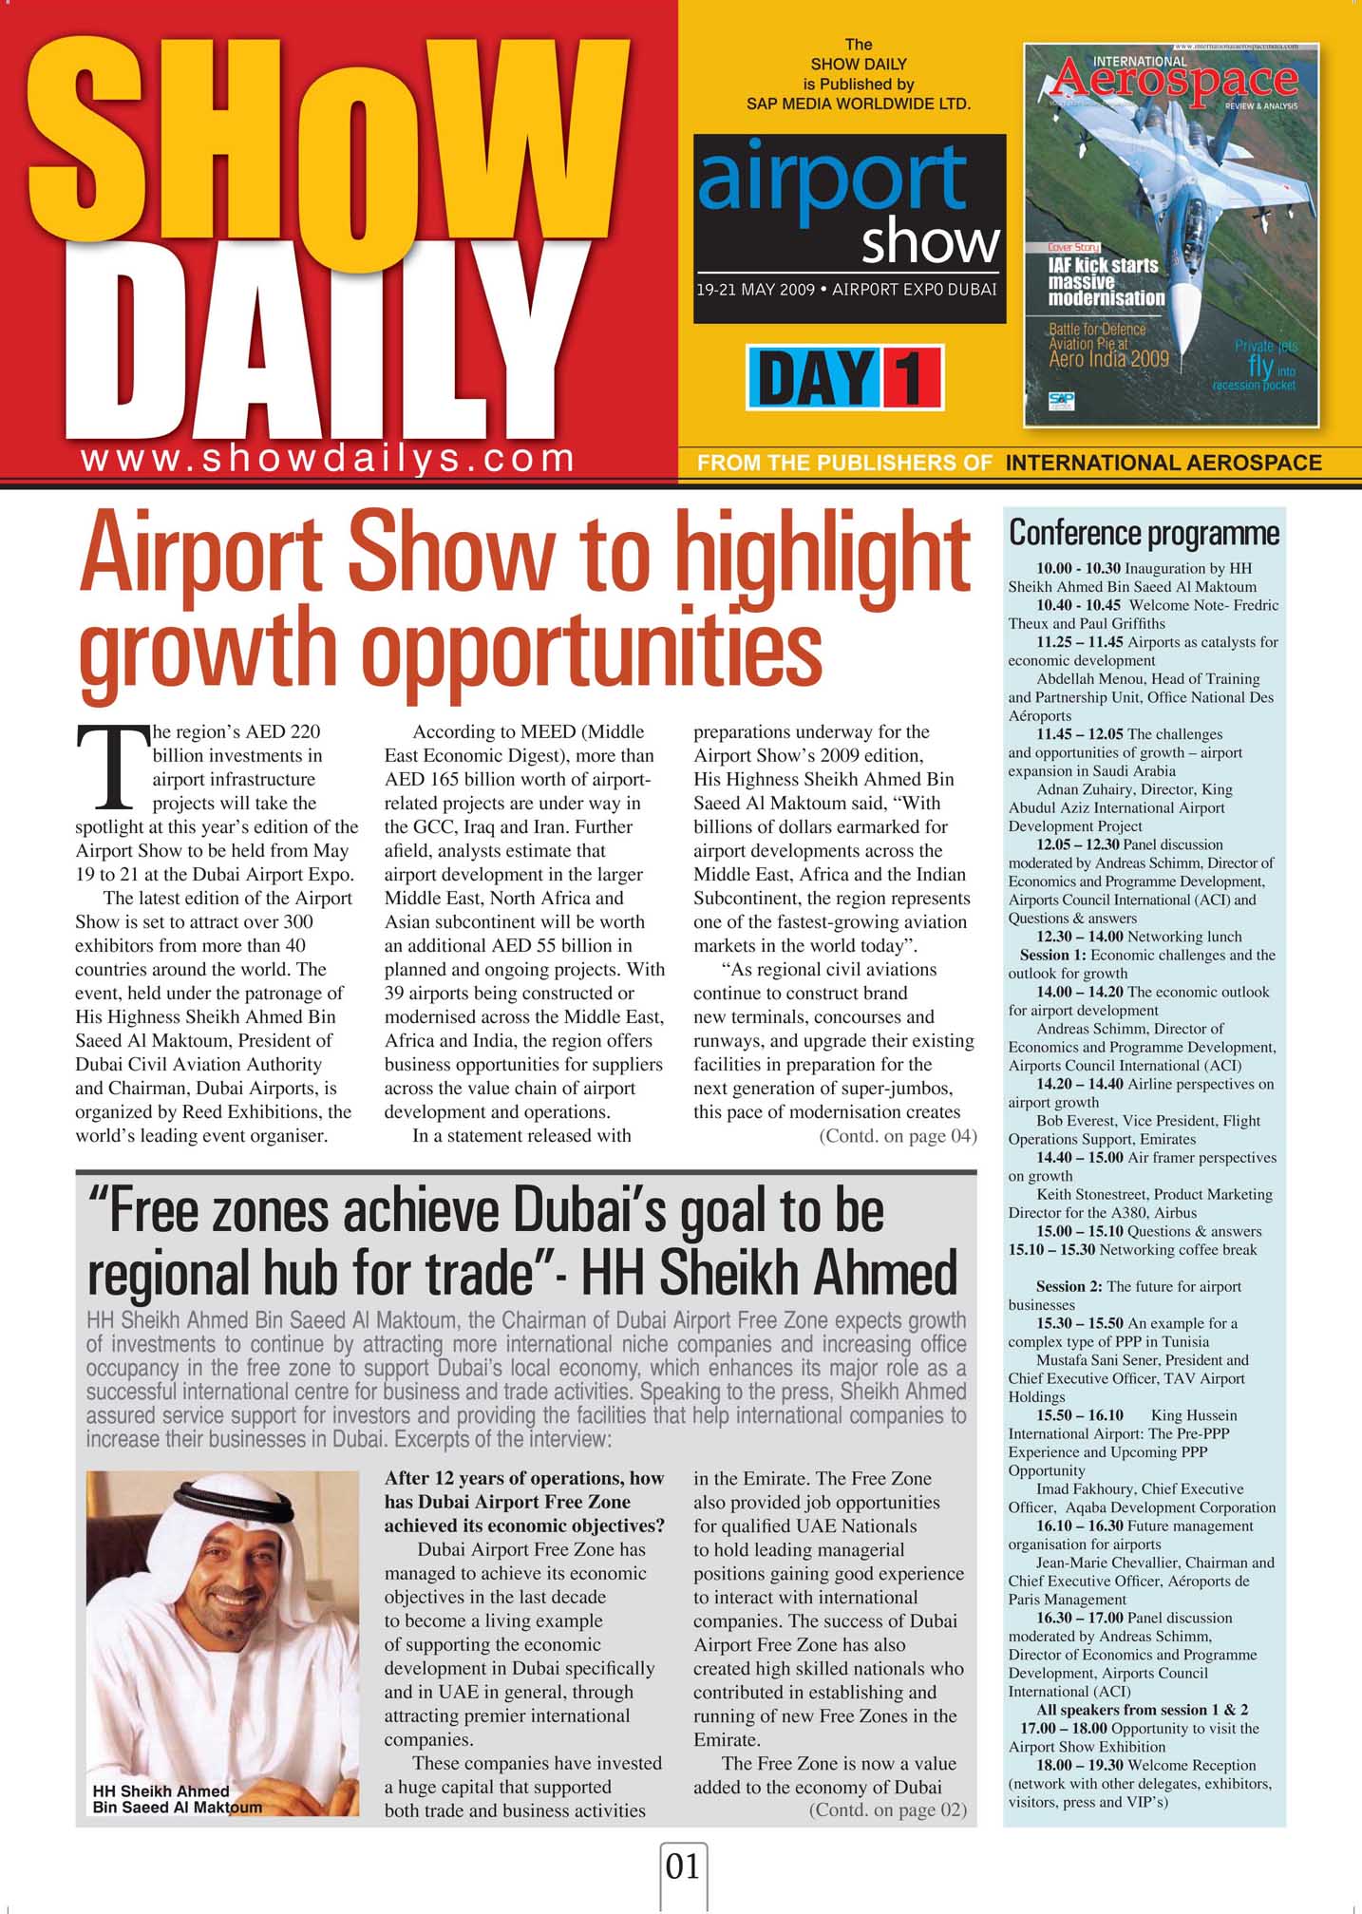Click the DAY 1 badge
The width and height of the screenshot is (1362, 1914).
pos(844,377)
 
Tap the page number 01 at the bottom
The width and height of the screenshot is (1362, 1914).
pos(683,1867)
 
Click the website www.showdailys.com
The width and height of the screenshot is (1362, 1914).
pos(328,459)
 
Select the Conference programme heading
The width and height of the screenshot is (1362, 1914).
pos(1144,533)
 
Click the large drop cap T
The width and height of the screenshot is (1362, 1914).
pos(112,767)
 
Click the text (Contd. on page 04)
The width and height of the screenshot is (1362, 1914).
pos(897,1136)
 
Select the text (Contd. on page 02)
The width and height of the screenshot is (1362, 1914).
pos(887,1810)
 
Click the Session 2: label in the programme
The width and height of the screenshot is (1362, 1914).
pos(1069,1286)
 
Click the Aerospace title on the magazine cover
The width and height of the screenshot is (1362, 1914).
pos(1174,82)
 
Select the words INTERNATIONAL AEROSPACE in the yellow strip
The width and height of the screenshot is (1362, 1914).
pos(1163,464)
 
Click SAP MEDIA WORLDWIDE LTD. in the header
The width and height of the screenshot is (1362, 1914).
pos(859,104)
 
